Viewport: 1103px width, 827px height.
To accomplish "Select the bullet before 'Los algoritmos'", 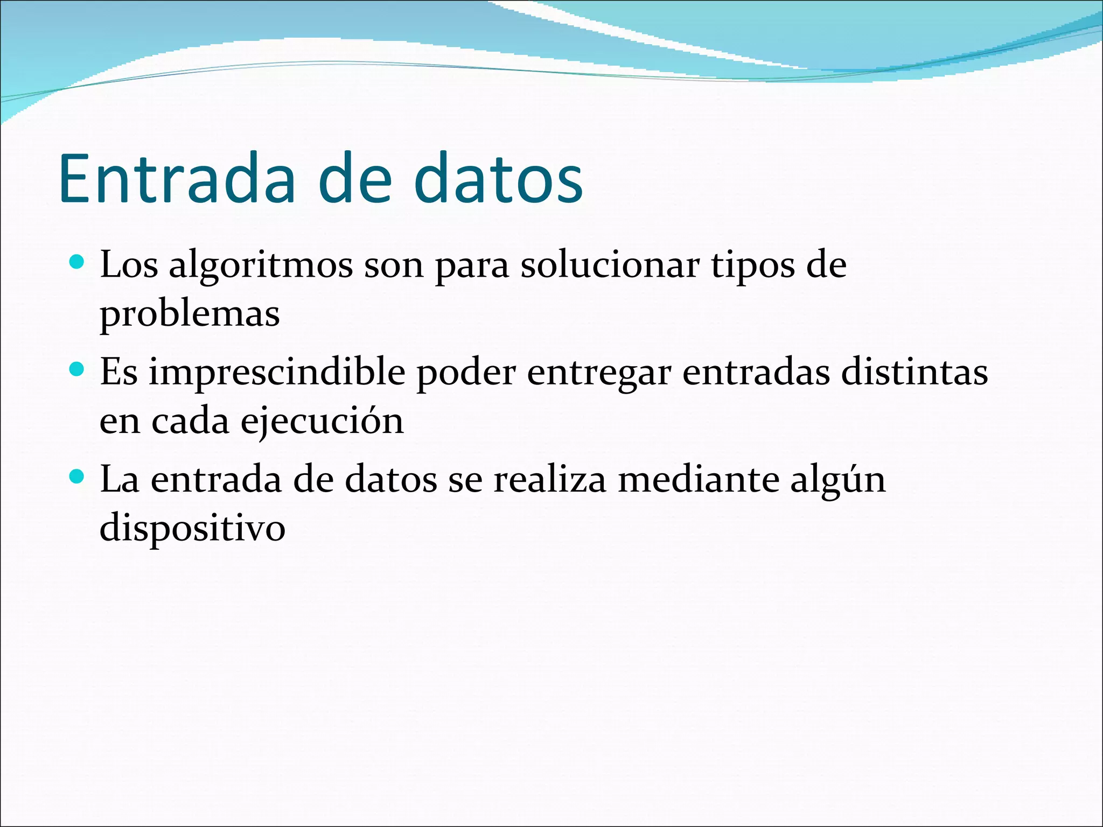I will click(78, 262).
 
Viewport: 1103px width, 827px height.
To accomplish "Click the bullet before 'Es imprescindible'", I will click(78, 369).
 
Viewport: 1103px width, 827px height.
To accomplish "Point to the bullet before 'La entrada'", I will click(78, 476).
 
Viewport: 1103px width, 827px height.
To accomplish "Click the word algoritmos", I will click(261, 267).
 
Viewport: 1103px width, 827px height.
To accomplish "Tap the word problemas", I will click(190, 314).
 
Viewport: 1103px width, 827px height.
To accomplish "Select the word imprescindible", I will click(277, 373).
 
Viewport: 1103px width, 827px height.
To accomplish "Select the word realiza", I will click(549, 479).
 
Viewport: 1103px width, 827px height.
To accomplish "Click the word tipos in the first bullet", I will click(753, 267).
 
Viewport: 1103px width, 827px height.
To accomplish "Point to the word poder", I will click(466, 373).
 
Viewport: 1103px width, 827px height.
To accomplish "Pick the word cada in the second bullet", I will click(190, 421).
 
